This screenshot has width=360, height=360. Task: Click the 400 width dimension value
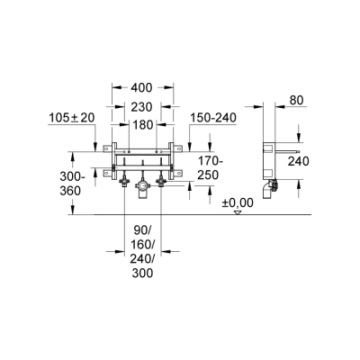[141, 87]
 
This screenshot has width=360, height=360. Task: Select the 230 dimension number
[142, 107]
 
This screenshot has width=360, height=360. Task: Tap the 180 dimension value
[142, 125]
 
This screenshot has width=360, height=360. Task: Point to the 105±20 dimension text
[72, 118]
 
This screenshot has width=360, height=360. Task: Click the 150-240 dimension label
[213, 118]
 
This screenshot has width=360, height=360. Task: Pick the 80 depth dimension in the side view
[296, 100]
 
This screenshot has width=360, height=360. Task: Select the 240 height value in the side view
[299, 161]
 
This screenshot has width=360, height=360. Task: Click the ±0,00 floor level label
[238, 202]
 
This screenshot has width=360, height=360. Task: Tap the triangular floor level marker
[238, 212]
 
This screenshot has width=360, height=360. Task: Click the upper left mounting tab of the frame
[107, 148]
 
